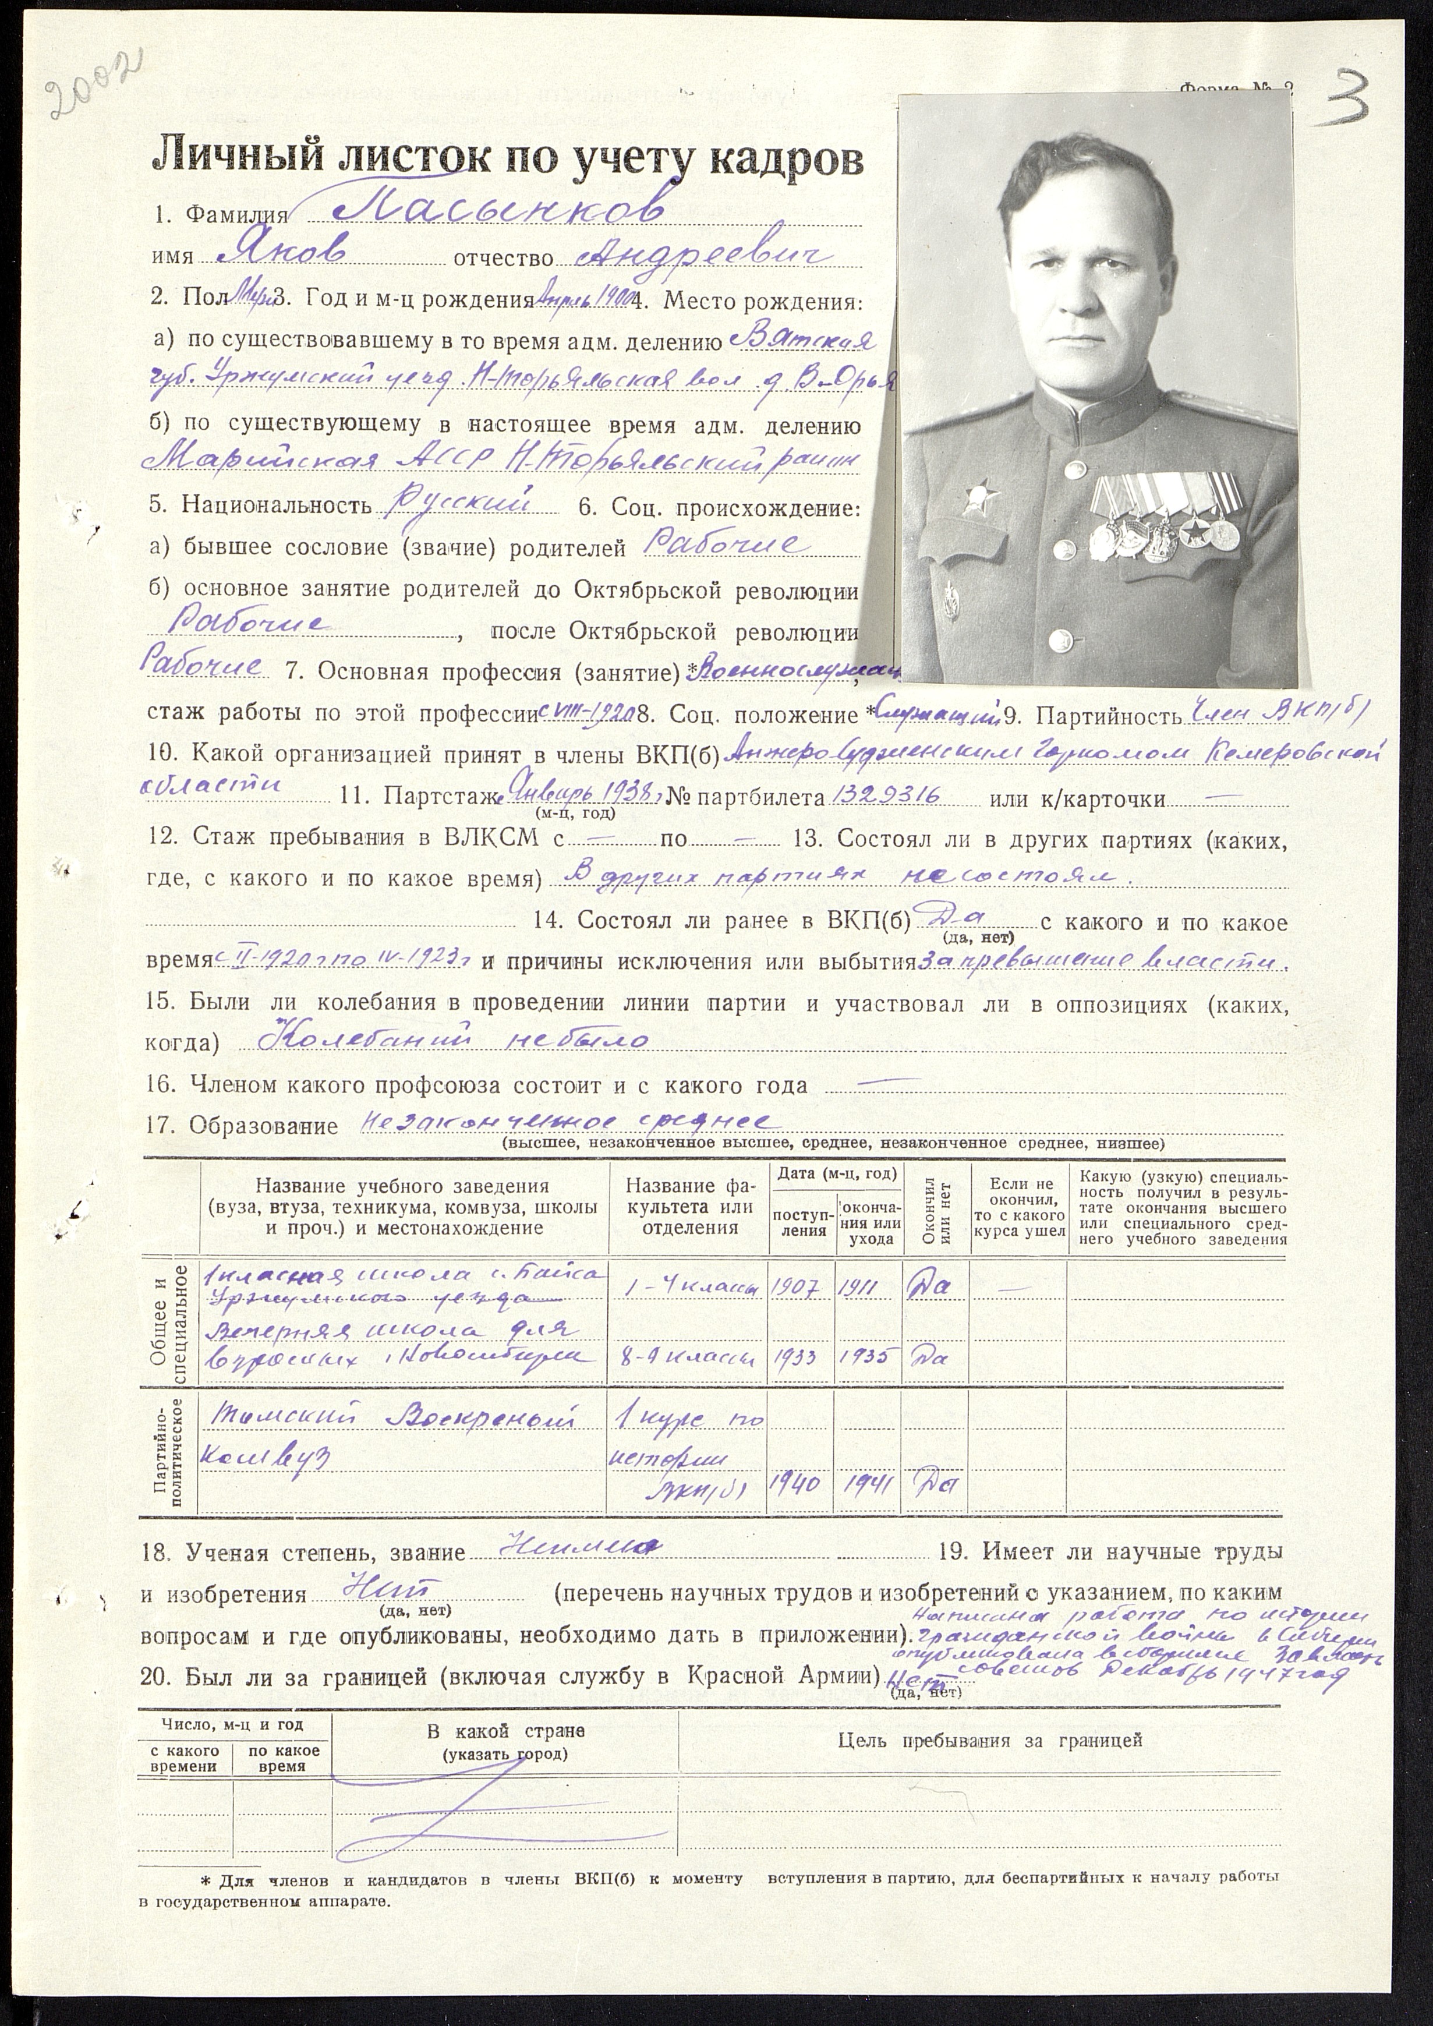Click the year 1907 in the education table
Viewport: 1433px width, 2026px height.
pos(800,1286)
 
